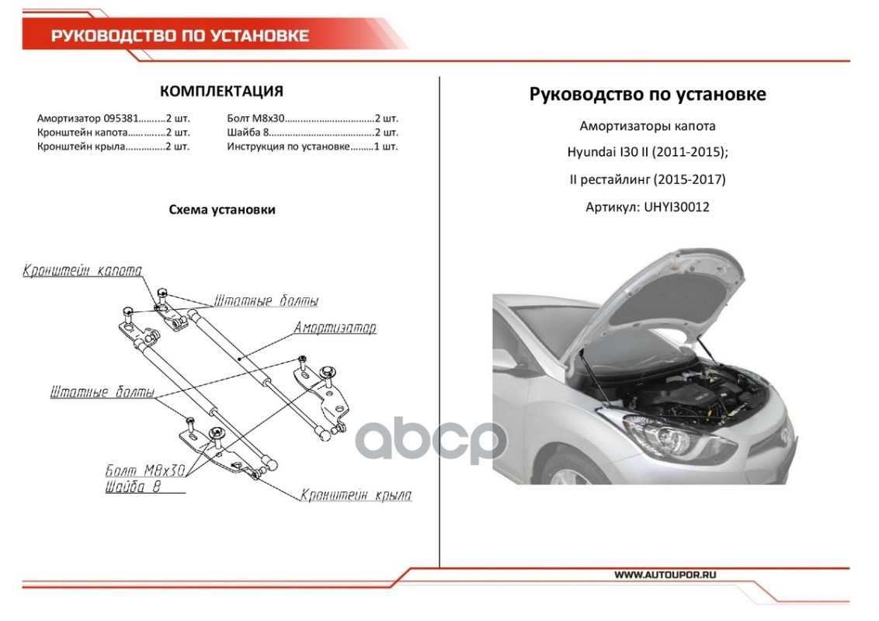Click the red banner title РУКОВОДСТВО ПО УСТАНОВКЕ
click(180, 36)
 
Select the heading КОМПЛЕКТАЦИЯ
click(221, 92)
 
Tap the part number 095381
click(121, 119)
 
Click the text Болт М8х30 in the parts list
click(256, 119)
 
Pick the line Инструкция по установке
click(288, 146)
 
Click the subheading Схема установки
click(222, 210)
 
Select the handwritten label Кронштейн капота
click(82, 271)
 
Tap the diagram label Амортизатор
click(335, 328)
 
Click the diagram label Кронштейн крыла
click(356, 495)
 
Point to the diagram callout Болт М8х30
click(144, 471)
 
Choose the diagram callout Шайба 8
click(133, 487)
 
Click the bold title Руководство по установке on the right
click(648, 94)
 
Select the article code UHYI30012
click(676, 207)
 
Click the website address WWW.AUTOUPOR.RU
click(665, 575)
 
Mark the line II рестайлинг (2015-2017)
click(647, 179)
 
